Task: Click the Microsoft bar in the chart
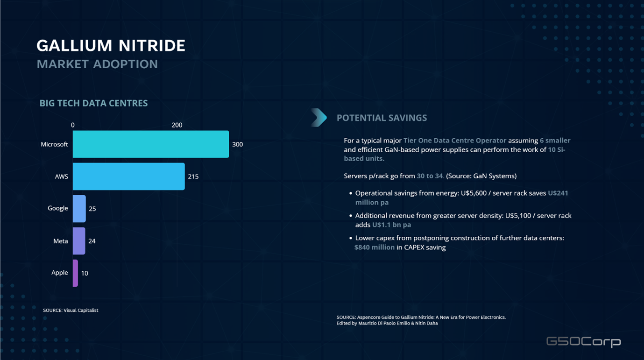(150, 144)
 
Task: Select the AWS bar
(128, 176)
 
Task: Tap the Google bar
(79, 209)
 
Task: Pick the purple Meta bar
(78, 241)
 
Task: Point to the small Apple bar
(75, 273)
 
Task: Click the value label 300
(237, 144)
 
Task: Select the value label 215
(193, 176)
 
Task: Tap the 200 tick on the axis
(177, 125)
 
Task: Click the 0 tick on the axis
(73, 125)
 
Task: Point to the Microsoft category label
(54, 144)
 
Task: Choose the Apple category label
(59, 273)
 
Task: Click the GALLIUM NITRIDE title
(111, 46)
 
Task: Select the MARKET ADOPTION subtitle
(97, 64)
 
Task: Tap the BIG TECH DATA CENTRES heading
(93, 103)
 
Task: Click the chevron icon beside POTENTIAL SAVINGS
(319, 118)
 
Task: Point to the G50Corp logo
(583, 342)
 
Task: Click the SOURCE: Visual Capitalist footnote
(71, 311)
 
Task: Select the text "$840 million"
(374, 247)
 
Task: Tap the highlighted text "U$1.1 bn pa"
(391, 225)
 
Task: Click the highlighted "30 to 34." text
(430, 176)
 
